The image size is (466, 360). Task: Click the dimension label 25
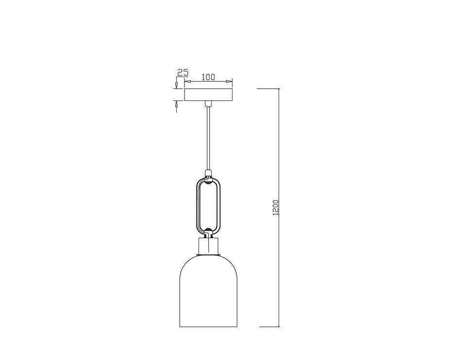[183, 72]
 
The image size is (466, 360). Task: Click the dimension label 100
[208, 77]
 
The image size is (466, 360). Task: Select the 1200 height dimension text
[276, 207]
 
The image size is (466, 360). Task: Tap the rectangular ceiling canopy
[208, 95]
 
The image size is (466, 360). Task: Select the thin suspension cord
[208, 138]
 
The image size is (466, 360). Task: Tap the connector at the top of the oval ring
[208, 173]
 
